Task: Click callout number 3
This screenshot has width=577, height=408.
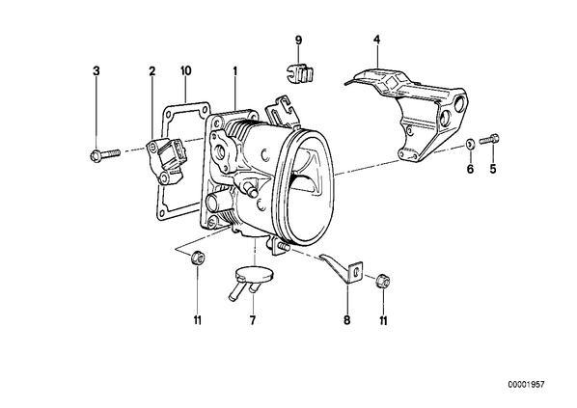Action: [x=96, y=70]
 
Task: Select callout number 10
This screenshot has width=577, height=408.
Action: [x=186, y=70]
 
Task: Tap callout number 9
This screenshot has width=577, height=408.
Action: [x=298, y=40]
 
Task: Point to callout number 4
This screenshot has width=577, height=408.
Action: [x=376, y=39]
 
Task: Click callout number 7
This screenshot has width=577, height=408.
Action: [x=253, y=320]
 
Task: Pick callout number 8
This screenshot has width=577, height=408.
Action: [x=347, y=320]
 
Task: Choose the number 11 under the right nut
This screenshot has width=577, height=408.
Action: [x=383, y=320]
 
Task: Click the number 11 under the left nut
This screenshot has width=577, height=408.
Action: [x=198, y=320]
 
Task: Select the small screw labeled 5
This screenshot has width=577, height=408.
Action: [x=489, y=139]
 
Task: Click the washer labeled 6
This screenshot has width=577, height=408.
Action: [x=470, y=144]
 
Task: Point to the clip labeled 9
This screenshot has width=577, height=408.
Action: [x=300, y=73]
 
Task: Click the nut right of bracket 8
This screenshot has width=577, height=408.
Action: [x=383, y=281]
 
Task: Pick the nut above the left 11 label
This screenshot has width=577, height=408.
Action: [x=197, y=257]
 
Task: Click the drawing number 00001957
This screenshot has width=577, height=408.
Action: [x=526, y=385]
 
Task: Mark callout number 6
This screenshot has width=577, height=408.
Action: [x=470, y=169]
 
